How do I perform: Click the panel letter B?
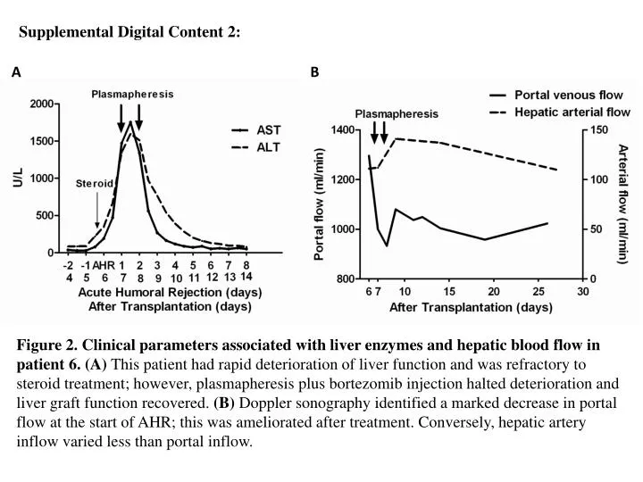click(314, 72)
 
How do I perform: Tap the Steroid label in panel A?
click(95, 182)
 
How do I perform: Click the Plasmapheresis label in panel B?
click(396, 114)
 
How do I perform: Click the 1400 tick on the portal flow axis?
click(343, 129)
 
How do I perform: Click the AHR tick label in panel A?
click(104, 265)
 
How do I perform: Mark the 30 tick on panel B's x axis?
click(582, 291)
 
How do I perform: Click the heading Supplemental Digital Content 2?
click(130, 32)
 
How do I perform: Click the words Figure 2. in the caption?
click(49, 344)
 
